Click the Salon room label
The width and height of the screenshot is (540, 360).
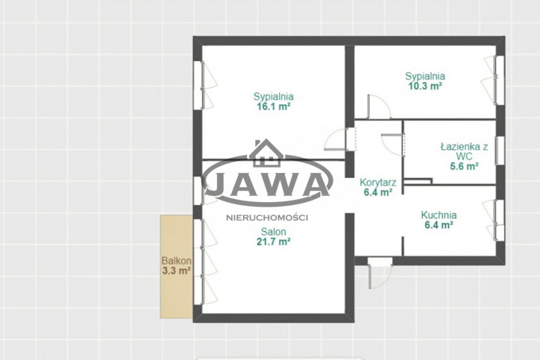274,231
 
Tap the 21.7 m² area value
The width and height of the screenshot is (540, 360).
274,241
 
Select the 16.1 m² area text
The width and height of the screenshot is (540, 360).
274,107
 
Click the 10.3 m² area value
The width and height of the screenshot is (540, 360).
425,86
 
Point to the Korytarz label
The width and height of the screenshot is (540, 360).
378,183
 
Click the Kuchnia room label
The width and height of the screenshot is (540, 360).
439,215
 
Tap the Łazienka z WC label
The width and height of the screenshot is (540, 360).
464,151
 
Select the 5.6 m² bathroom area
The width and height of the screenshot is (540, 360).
464,166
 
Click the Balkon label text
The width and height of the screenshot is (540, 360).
176,261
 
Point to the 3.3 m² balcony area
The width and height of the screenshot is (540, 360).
176,271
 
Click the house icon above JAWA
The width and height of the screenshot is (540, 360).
266,153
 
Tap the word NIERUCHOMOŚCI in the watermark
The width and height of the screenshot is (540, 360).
267,218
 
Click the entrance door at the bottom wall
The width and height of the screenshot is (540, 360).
380,273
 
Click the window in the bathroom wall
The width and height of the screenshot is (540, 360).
500,151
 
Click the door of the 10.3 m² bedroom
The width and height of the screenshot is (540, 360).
378,107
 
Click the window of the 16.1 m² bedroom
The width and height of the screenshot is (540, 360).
203,86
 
